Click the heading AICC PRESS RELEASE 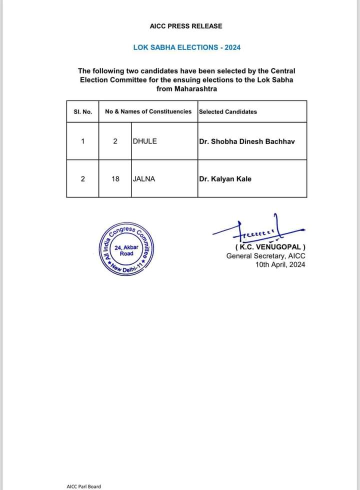tap(186, 26)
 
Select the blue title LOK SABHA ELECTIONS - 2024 tap(186, 47)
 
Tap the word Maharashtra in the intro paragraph tap(186, 88)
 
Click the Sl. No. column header tap(82, 111)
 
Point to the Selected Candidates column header tap(228, 111)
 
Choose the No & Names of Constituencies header tap(148, 111)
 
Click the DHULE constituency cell tap(145, 141)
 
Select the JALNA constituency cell tap(144, 178)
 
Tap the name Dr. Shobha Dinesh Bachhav tap(247, 141)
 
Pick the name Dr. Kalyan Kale tap(225, 178)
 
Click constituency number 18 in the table tap(115, 178)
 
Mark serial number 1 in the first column tap(82, 141)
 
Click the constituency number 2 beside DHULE tap(115, 141)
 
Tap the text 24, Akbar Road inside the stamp tap(126, 250)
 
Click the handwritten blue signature tap(257, 231)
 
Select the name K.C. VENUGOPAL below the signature tap(270, 247)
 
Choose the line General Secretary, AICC tap(265, 256)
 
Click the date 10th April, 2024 tap(279, 265)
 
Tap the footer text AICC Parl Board tap(83, 486)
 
